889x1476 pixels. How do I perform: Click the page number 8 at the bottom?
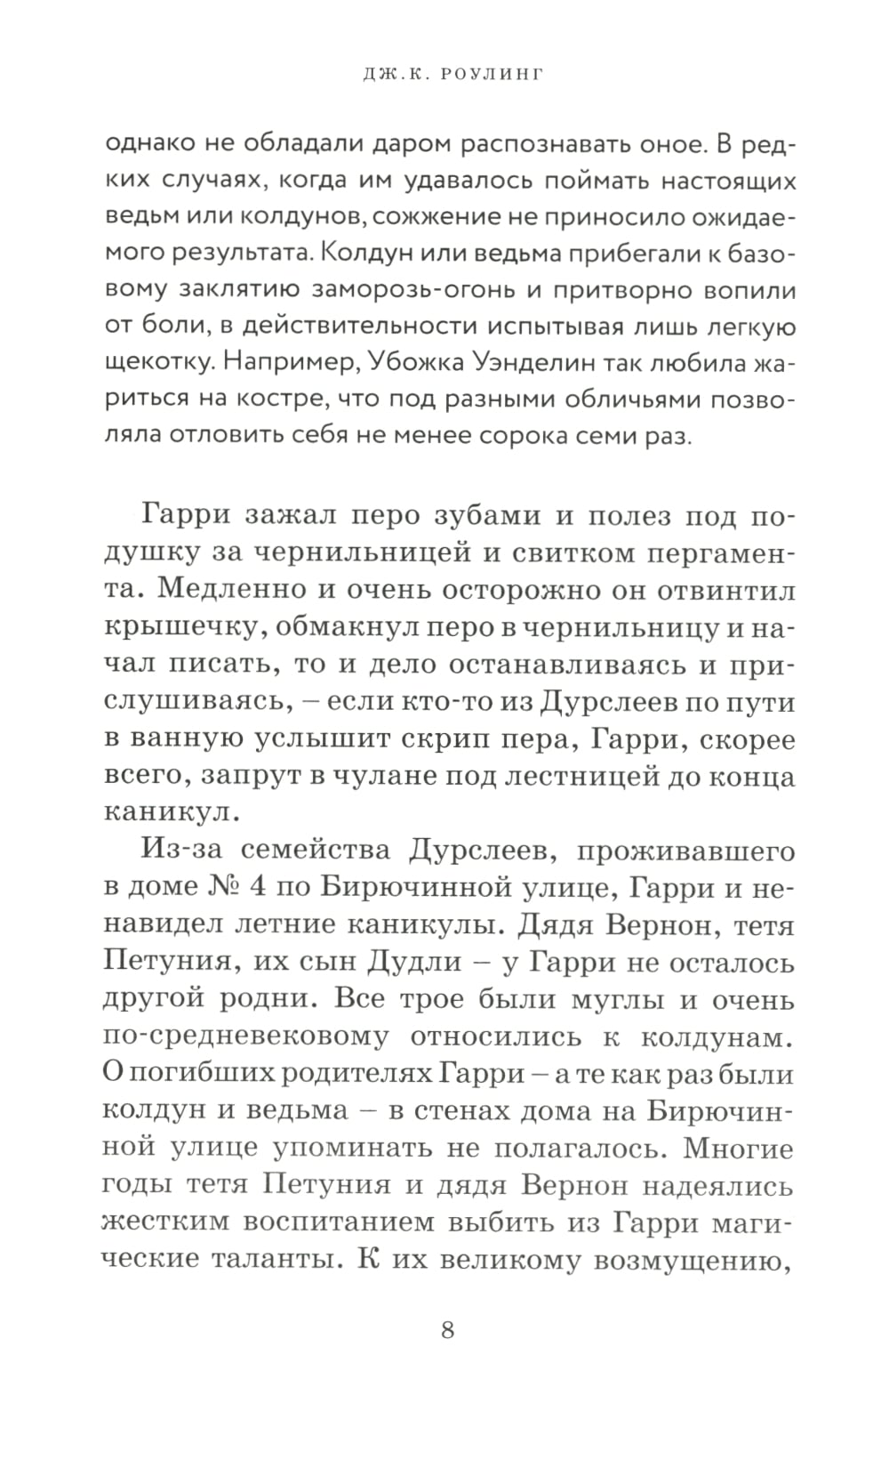pyautogui.click(x=447, y=1330)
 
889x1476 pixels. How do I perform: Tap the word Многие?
pyautogui.click(x=738, y=1149)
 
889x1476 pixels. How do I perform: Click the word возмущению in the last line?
pyautogui.click(x=693, y=1261)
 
